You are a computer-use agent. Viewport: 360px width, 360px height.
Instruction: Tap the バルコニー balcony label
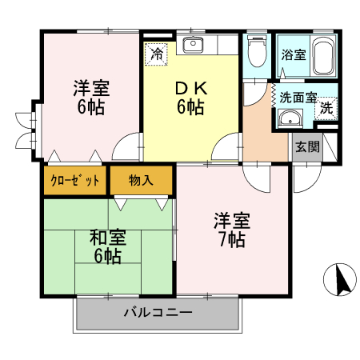[x=158, y=312]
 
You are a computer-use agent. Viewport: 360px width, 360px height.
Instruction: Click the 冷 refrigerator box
[x=157, y=55]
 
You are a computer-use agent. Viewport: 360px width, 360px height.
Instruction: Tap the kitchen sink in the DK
[x=194, y=45]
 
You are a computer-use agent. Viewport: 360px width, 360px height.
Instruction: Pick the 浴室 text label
[x=292, y=55]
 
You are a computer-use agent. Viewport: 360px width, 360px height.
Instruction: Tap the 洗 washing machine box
[x=326, y=108]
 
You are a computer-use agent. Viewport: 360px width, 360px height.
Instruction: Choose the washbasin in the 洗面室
[x=290, y=121]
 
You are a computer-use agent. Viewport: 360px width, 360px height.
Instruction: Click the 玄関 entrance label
[x=306, y=146]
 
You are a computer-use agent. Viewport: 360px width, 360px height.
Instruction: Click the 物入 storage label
[x=142, y=180]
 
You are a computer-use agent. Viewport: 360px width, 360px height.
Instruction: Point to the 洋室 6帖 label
[x=90, y=96]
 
